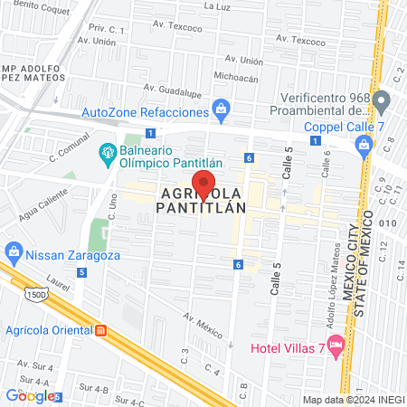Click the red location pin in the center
pyautogui.click(x=204, y=185)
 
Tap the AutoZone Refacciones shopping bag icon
pyautogui.click(x=221, y=111)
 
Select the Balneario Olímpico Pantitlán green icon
pyautogui.click(x=108, y=153)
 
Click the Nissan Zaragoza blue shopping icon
pyautogui.click(x=13, y=250)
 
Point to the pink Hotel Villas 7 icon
pyautogui.click(x=336, y=345)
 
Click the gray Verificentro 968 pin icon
pyautogui.click(x=381, y=99)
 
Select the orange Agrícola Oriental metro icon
pyautogui.click(x=102, y=330)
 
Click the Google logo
pyautogui.click(x=30, y=395)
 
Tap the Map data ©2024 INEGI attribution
pyautogui.click(x=352, y=399)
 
